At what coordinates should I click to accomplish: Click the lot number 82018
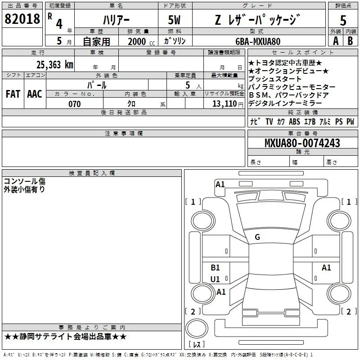point(22,18)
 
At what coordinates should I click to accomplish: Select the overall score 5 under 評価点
point(343,20)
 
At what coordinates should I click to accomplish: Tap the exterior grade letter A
point(336,41)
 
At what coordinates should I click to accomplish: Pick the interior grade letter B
point(350,41)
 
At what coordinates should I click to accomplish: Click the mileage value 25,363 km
point(54,65)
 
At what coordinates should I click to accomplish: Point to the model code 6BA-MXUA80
point(258,41)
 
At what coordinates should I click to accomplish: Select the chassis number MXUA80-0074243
point(302,143)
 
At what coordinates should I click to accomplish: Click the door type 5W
point(174,20)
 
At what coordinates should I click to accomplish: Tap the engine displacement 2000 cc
point(141,41)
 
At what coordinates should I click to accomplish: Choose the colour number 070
point(75,104)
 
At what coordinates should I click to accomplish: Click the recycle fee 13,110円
point(228,104)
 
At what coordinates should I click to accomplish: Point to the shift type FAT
point(13,94)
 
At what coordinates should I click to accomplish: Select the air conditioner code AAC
point(35,94)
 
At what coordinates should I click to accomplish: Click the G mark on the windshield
point(257,237)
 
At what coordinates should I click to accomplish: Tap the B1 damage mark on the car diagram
point(215,267)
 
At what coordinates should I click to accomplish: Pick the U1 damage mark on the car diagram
point(215,279)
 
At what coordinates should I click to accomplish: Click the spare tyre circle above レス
point(197,328)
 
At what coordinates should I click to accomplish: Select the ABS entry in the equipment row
point(294,121)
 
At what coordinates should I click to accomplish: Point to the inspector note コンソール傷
point(24,181)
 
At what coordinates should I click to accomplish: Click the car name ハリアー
point(116,20)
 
